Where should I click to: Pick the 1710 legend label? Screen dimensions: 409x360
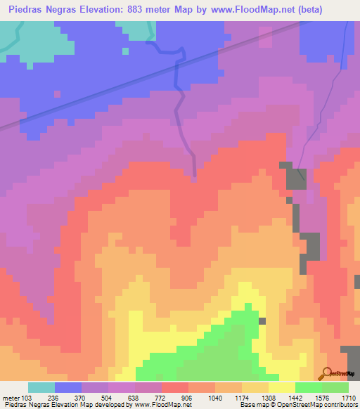coord(347,396)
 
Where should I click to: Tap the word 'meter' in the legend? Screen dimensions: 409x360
coord(10,396)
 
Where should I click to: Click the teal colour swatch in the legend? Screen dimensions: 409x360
coord(41,387)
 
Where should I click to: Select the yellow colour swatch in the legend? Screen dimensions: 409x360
coord(282,387)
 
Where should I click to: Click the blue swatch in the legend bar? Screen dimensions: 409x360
coord(68,387)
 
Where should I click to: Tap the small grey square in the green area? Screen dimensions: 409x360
coord(262,321)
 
